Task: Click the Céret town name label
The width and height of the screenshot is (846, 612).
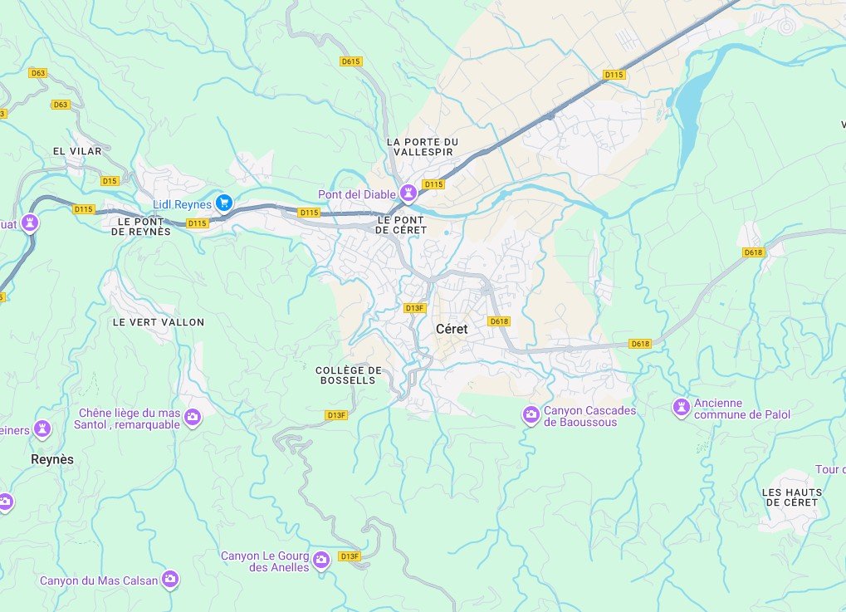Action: coord(452,329)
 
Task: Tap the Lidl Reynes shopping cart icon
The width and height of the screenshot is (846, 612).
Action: coord(223,203)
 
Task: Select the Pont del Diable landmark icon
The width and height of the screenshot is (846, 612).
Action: coord(408,193)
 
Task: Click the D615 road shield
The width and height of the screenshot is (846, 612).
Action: coord(351,61)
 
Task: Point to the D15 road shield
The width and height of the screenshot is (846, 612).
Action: coord(110,180)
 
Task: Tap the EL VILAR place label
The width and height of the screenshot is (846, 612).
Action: coord(76,151)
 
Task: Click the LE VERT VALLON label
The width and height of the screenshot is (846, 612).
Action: coord(158,322)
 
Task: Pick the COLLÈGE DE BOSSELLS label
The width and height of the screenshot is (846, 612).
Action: coord(349,375)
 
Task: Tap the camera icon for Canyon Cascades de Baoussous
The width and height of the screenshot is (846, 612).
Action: coord(531,414)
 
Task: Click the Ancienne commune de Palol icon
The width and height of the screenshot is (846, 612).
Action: coord(681,407)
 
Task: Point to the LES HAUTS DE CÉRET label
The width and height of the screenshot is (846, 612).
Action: coord(791,497)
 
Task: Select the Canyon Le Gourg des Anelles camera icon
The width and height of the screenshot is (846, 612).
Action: coord(321,561)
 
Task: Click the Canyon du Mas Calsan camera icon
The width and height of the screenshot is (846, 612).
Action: coord(170,579)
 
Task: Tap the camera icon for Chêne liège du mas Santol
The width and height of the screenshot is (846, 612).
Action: coord(193,417)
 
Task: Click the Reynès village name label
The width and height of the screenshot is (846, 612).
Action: coord(51,459)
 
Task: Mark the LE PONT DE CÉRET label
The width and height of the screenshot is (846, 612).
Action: coord(401,224)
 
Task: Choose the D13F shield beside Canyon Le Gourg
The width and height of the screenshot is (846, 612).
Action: coord(350,556)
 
